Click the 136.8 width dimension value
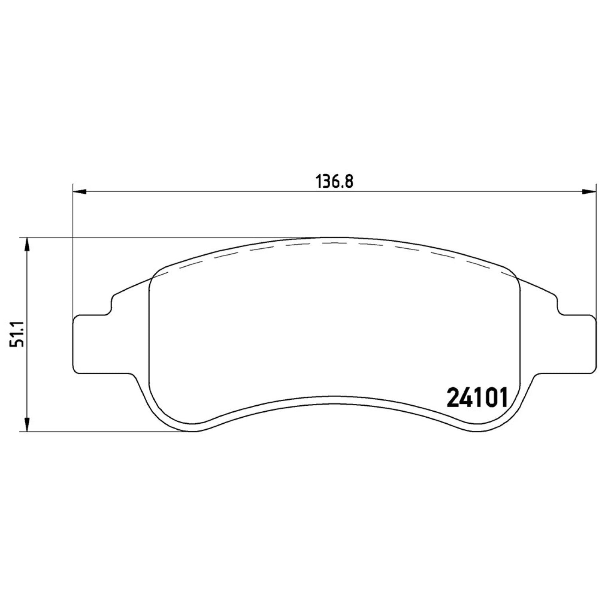335,182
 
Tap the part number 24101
477,397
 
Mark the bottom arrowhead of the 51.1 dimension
27,424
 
